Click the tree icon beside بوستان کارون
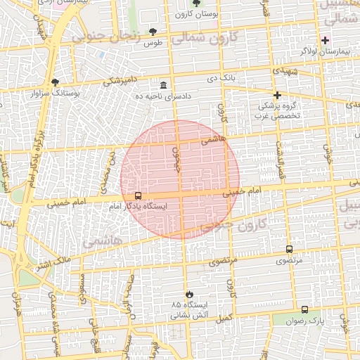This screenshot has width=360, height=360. pyautogui.click(x=196, y=3)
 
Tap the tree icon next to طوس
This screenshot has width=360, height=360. pyautogui.click(x=153, y=32)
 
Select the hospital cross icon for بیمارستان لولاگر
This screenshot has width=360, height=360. pyautogui.click(x=325, y=40)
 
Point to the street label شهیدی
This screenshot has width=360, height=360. pyautogui.click(x=289, y=72)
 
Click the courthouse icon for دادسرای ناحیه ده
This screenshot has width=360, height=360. pyautogui.click(x=163, y=84)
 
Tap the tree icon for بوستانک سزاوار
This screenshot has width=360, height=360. pyautogui.click(x=56, y=82)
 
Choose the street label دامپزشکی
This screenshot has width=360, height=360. pyautogui.click(x=122, y=81)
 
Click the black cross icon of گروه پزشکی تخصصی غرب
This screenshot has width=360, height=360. pyautogui.click(x=277, y=94)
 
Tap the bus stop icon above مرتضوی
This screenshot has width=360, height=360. pyautogui.click(x=289, y=249)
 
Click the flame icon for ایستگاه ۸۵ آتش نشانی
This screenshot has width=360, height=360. pyautogui.click(x=189, y=294)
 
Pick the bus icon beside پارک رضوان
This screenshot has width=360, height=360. pyautogui.click(x=304, y=309)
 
